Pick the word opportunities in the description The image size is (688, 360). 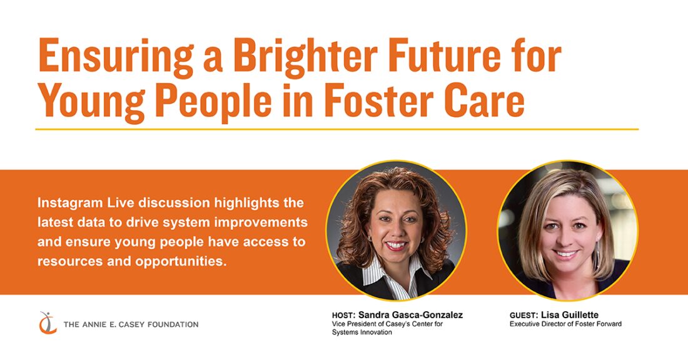[x=181, y=262]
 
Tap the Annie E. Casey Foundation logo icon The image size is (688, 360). [x=48, y=322]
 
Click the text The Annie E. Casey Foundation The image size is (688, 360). [x=131, y=324]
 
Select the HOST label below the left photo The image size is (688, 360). [x=343, y=315]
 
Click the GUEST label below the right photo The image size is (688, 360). [x=524, y=315]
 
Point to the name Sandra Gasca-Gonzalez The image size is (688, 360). [x=410, y=315]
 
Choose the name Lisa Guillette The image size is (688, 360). [x=570, y=315]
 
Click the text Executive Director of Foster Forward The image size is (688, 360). [x=565, y=324]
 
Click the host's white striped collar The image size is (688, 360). [x=397, y=274]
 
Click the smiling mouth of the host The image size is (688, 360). [x=396, y=246]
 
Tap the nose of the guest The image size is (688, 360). [x=566, y=239]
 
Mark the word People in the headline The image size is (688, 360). [x=213, y=102]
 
